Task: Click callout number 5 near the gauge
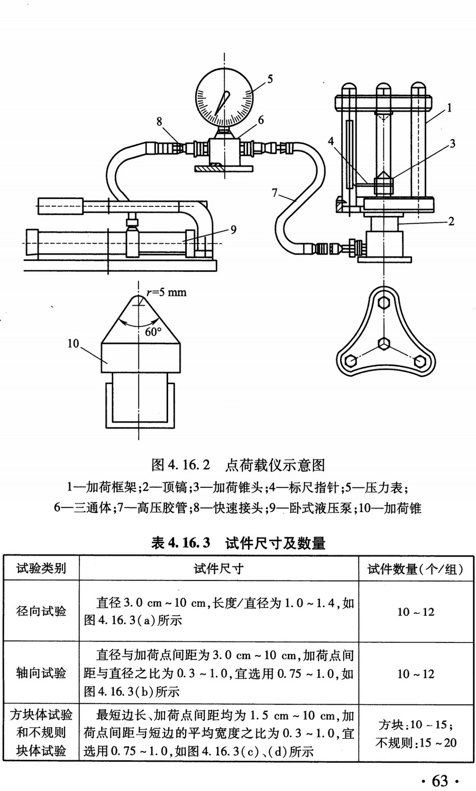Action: click(x=270, y=79)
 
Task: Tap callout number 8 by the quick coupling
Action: click(x=159, y=122)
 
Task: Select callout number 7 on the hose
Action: click(x=274, y=193)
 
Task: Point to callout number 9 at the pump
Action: click(x=233, y=229)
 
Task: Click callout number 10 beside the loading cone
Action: click(x=73, y=343)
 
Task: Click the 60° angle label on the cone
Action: click(x=153, y=332)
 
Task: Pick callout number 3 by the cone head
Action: click(x=452, y=143)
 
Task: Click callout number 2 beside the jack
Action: click(x=451, y=221)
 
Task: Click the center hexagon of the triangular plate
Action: click(x=385, y=344)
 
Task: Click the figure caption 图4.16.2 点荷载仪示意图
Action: click(x=237, y=465)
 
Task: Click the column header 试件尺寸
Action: click(x=218, y=569)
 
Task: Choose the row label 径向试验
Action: click(x=41, y=611)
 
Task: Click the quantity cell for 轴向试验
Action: click(x=415, y=674)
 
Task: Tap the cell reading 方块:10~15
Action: click(x=415, y=725)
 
